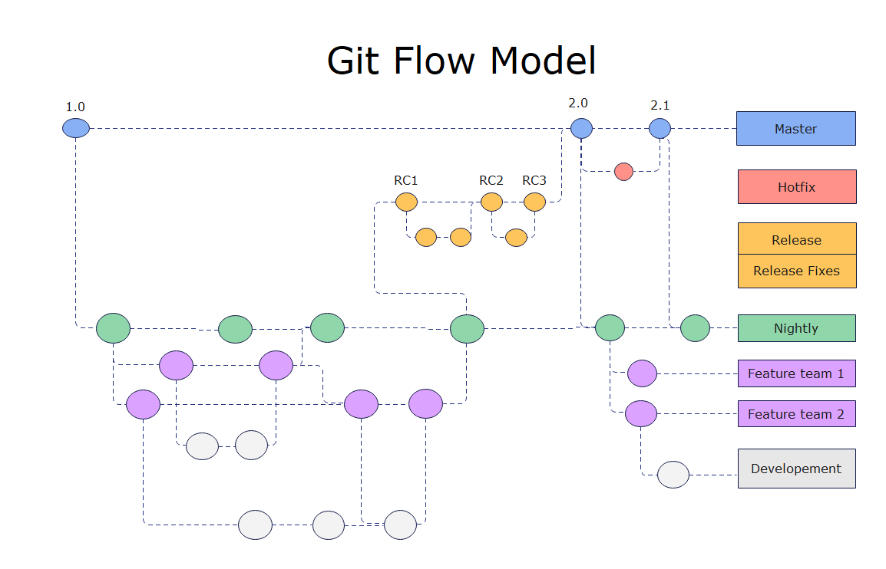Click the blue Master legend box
[x=795, y=129]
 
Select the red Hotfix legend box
[x=797, y=187]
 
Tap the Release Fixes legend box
[x=797, y=271]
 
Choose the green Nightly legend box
[x=796, y=328]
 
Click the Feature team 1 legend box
[x=796, y=373]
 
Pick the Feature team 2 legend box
[x=796, y=414]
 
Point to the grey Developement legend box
[x=796, y=469]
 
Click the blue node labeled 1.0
[x=76, y=128]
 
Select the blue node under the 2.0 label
[x=581, y=128]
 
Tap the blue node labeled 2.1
[x=660, y=128]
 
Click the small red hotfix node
[x=623, y=172]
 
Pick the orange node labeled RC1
[x=406, y=202]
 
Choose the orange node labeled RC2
[x=491, y=202]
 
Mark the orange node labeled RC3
[x=534, y=202]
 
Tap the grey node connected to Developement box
[x=673, y=475]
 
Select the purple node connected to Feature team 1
[x=642, y=373]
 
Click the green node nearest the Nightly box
[x=695, y=328]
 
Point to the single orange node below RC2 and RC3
[x=516, y=238]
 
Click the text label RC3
[x=534, y=181]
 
